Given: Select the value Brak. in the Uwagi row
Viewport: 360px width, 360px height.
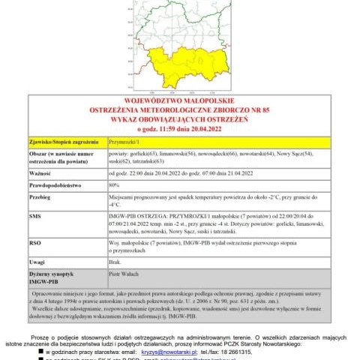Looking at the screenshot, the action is point(116,262).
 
